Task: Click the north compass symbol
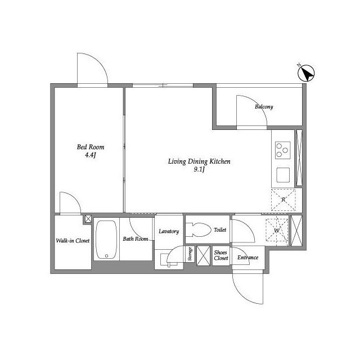tap(306, 73)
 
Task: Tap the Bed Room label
tap(91, 147)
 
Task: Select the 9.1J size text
tap(199, 170)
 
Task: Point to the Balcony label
tap(264, 107)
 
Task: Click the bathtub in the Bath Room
tap(106, 240)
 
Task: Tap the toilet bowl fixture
tap(199, 230)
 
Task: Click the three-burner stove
tap(282, 150)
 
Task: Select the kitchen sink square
tap(283, 175)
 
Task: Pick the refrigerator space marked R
tap(283, 200)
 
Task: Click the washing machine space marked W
tap(277, 230)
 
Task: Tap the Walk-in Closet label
tap(73, 241)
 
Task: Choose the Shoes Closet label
tap(221, 255)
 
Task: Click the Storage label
tap(190, 254)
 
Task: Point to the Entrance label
tap(247, 258)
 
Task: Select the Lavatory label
tap(169, 231)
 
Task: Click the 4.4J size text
tap(90, 155)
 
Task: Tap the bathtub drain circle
tap(106, 256)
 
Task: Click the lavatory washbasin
tap(169, 260)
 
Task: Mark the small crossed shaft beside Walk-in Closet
tap(88, 219)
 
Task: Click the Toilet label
tap(220, 229)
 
